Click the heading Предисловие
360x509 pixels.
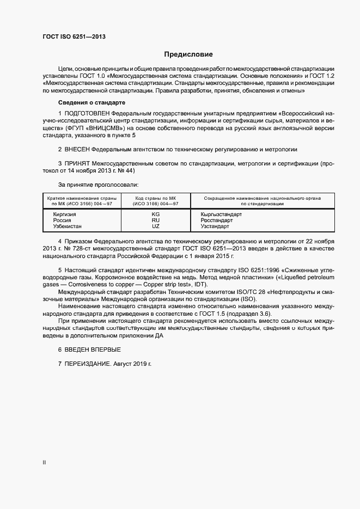tap(188, 54)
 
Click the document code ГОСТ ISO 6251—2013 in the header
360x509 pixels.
tap(74, 37)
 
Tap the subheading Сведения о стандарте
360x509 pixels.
tap(91, 103)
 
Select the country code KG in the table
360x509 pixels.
tap(156, 214)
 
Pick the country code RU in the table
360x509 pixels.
tap(156, 220)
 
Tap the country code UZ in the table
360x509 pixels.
tap(156, 226)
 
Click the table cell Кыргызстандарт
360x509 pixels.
tap(221, 214)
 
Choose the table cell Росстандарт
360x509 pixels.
tap(216, 220)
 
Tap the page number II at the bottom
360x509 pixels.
tap(44, 462)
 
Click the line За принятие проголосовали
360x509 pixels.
tap(98, 185)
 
